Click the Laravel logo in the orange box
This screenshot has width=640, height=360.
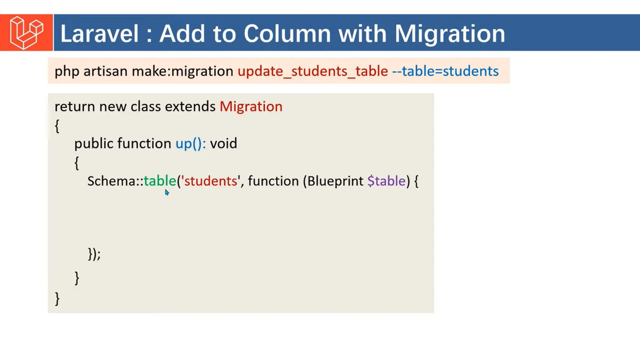point(26,32)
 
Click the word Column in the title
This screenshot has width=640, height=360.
point(287,33)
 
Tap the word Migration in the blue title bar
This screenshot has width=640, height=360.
point(450,34)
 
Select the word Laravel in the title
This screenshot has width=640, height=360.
point(99,33)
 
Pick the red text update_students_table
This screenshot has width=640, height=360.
point(313,71)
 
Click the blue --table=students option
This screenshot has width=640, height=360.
point(445,71)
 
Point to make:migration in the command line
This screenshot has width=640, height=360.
point(182,71)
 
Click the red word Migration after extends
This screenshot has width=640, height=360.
point(251,107)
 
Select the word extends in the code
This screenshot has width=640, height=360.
point(190,107)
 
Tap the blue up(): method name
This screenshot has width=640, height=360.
point(190,143)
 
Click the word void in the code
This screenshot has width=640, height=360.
point(223,143)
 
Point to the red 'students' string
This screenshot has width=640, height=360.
point(211,181)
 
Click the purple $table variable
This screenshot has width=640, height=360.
point(386,181)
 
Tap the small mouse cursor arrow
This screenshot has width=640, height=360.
point(167,192)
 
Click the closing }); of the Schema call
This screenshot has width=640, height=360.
point(94,254)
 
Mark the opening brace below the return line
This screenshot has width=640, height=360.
point(57,126)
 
